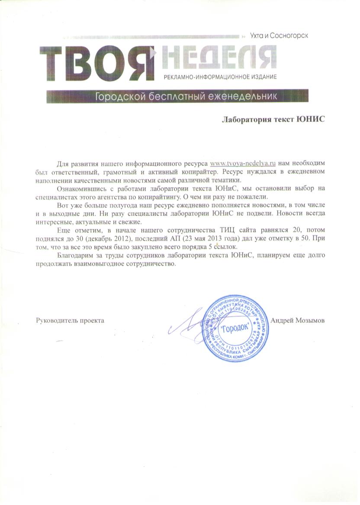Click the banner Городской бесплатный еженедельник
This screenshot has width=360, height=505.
coord(186,96)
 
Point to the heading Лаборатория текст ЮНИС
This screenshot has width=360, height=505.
coord(273,119)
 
